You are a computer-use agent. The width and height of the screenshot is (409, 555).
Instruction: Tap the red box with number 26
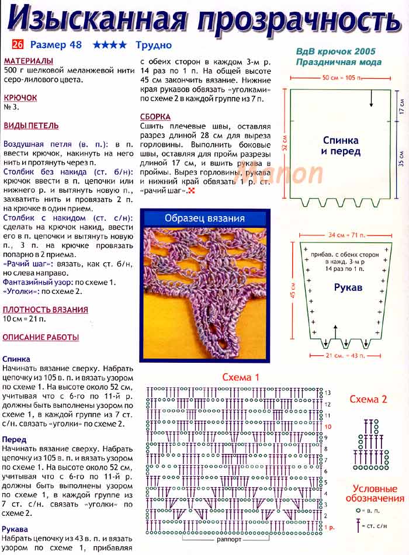[x=18, y=44]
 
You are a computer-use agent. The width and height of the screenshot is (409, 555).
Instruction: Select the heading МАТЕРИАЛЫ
[x=28, y=61]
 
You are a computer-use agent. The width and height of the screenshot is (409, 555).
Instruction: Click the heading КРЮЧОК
[x=20, y=99]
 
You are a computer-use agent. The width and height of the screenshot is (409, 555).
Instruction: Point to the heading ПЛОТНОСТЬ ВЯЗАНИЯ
[x=46, y=310]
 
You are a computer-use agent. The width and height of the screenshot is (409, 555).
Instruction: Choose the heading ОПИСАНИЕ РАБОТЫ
[x=40, y=337]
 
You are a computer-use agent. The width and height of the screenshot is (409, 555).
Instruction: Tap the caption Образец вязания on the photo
[x=204, y=218]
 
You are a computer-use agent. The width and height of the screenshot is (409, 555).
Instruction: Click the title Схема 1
[x=241, y=377]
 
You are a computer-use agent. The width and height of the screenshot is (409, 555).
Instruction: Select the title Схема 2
[x=368, y=400]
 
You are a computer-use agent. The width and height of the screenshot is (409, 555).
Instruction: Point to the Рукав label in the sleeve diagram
[x=348, y=288]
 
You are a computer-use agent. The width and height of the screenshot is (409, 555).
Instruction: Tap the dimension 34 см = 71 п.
[x=345, y=235]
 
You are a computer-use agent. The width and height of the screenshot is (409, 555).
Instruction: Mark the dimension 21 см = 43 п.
[x=345, y=355]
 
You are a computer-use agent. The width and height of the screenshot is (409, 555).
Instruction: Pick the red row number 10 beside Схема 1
[x=328, y=427]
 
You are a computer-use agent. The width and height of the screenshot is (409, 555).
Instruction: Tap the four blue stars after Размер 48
[x=109, y=44]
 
